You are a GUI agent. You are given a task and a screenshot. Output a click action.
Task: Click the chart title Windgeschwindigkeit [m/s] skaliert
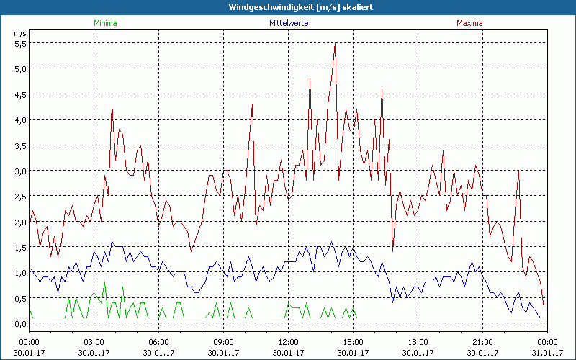288,6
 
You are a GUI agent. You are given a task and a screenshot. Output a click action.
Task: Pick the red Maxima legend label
469,23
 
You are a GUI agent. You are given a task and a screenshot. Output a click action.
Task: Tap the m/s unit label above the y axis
19,32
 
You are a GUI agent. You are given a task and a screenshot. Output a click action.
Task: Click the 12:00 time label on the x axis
288,341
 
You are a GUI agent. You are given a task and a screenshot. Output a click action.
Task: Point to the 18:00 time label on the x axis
418,341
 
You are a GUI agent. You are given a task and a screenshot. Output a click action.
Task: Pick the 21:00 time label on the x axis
482,341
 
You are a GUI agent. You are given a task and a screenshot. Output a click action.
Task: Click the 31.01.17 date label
546,352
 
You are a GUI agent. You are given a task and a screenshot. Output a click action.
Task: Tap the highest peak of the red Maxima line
335,45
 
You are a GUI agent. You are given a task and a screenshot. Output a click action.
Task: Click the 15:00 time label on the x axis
353,341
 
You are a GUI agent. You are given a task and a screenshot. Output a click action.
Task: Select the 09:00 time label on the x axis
223,341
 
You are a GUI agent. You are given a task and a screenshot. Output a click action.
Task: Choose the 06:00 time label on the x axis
158,341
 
